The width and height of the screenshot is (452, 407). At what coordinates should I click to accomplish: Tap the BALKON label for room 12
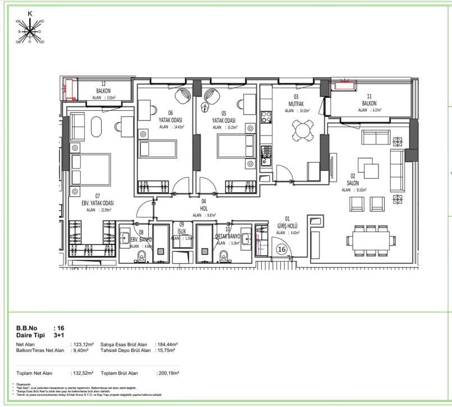[x=103, y=91]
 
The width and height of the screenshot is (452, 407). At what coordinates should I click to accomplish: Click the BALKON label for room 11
[x=369, y=103]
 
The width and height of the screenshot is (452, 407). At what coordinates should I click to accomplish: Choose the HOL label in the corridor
[x=204, y=207]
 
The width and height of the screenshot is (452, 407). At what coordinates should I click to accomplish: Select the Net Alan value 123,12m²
[x=82, y=344]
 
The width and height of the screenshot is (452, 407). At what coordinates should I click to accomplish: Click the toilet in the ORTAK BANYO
[x=225, y=256]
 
